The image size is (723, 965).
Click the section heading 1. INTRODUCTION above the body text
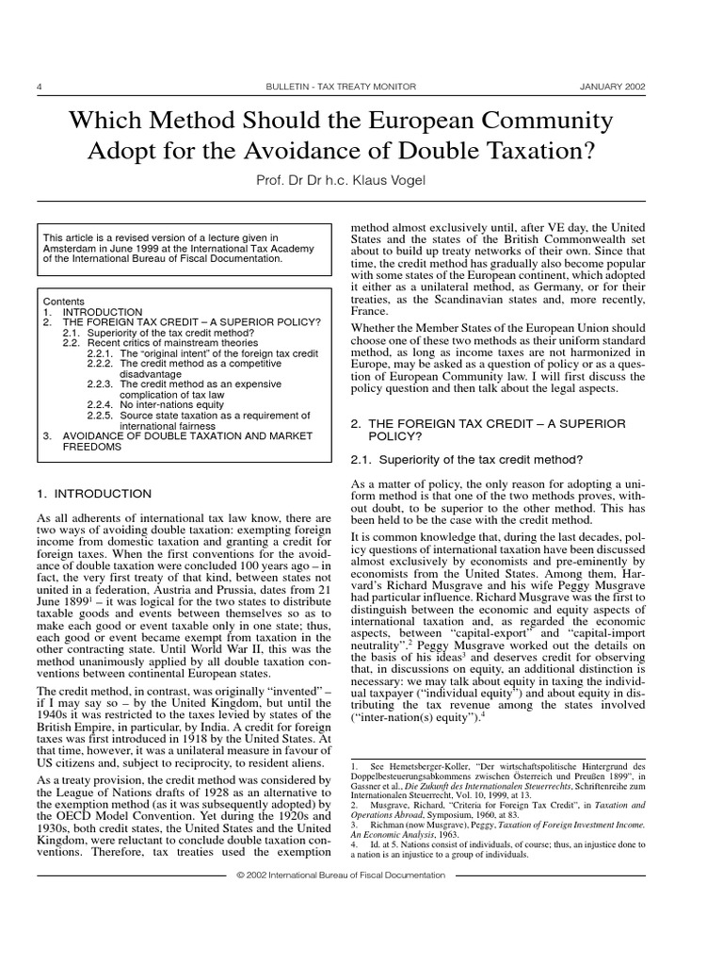[93, 494]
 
